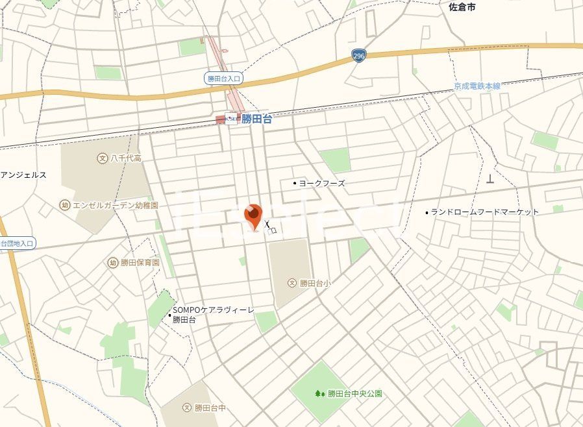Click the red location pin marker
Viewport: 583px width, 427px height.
[253, 216]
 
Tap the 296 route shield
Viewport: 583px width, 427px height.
[358, 56]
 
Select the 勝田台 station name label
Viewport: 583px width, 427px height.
[256, 119]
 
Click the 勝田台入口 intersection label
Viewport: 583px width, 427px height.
[223, 79]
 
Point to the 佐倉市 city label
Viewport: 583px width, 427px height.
[462, 7]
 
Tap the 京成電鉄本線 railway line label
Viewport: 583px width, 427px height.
[477, 86]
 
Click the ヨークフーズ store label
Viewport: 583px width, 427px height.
[322, 183]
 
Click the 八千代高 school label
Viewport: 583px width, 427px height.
[126, 158]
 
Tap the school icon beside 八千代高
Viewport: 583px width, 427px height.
[102, 158]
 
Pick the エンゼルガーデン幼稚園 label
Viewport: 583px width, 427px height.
[115, 205]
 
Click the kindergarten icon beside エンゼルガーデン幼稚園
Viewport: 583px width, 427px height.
[64, 205]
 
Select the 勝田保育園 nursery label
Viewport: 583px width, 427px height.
[140, 263]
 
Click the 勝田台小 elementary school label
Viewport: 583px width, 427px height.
[315, 283]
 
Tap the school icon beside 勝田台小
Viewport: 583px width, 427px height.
[292, 283]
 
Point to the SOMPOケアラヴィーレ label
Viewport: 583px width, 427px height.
[213, 311]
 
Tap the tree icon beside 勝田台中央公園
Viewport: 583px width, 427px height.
[319, 393]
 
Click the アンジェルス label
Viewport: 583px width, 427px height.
[23, 175]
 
